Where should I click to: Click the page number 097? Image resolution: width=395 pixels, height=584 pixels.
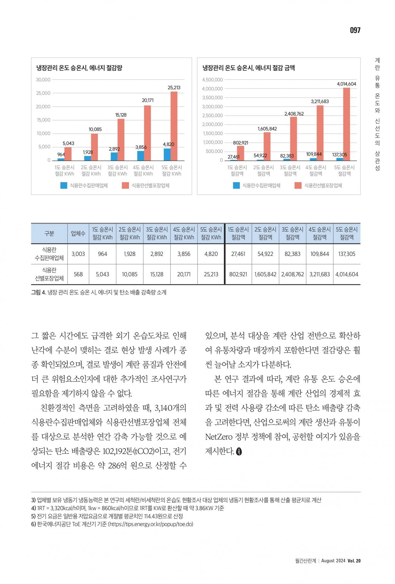pos(355,30)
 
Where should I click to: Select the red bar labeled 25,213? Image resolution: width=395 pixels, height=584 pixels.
pos(174,126)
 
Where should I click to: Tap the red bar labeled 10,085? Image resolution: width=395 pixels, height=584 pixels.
pos(95,147)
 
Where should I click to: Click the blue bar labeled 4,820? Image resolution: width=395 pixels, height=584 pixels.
pos(167,154)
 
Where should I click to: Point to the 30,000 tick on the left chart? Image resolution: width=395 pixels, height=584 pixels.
pos(43,80)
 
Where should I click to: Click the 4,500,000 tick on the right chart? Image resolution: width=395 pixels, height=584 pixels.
pos(212,80)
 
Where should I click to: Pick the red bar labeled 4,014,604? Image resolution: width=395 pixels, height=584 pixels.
pos(346,124)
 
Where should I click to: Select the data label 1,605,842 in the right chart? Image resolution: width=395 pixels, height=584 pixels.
pos(267,129)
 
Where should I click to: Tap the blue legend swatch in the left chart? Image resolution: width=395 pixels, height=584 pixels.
pos(64,185)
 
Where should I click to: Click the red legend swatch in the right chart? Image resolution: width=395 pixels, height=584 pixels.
pos(298,185)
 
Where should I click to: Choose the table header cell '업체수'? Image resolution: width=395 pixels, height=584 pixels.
pos(78,234)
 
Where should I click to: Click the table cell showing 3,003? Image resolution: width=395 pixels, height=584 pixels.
pos(78,254)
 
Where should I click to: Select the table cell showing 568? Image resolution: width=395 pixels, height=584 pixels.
pos(78,274)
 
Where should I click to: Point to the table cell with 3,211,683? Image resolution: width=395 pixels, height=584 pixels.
pos(320,274)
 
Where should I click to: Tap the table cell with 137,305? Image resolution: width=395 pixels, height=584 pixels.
pos(347,254)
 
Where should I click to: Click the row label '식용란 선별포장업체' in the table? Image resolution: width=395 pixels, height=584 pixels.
pos(49,274)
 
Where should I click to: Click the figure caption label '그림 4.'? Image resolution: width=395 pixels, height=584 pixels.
pos(39,292)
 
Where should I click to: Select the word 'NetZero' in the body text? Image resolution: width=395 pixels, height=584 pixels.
pos(219,437)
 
